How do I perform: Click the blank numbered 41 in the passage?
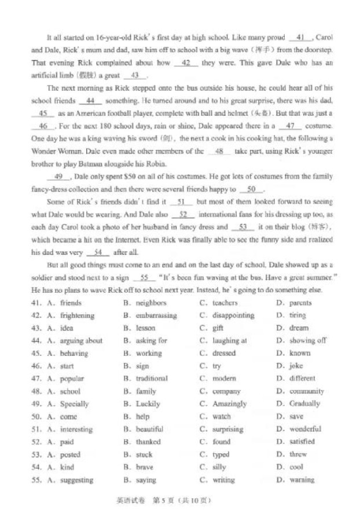[x=300, y=37]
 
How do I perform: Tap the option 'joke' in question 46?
[x=296, y=366]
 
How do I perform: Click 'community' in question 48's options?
[x=307, y=391]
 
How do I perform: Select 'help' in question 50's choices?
[x=142, y=417]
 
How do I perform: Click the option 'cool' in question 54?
[x=296, y=468]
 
